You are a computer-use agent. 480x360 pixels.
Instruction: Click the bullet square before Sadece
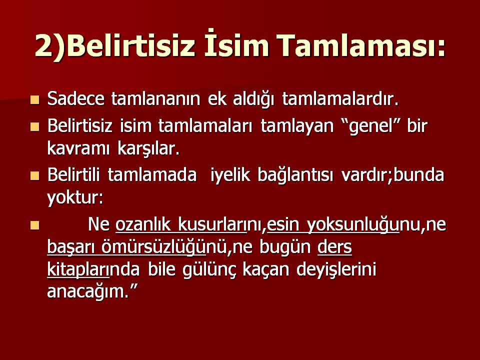[x=34, y=99]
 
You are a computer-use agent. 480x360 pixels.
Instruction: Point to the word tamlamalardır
[x=340, y=99]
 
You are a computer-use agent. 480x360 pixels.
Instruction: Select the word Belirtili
[x=75, y=176]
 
